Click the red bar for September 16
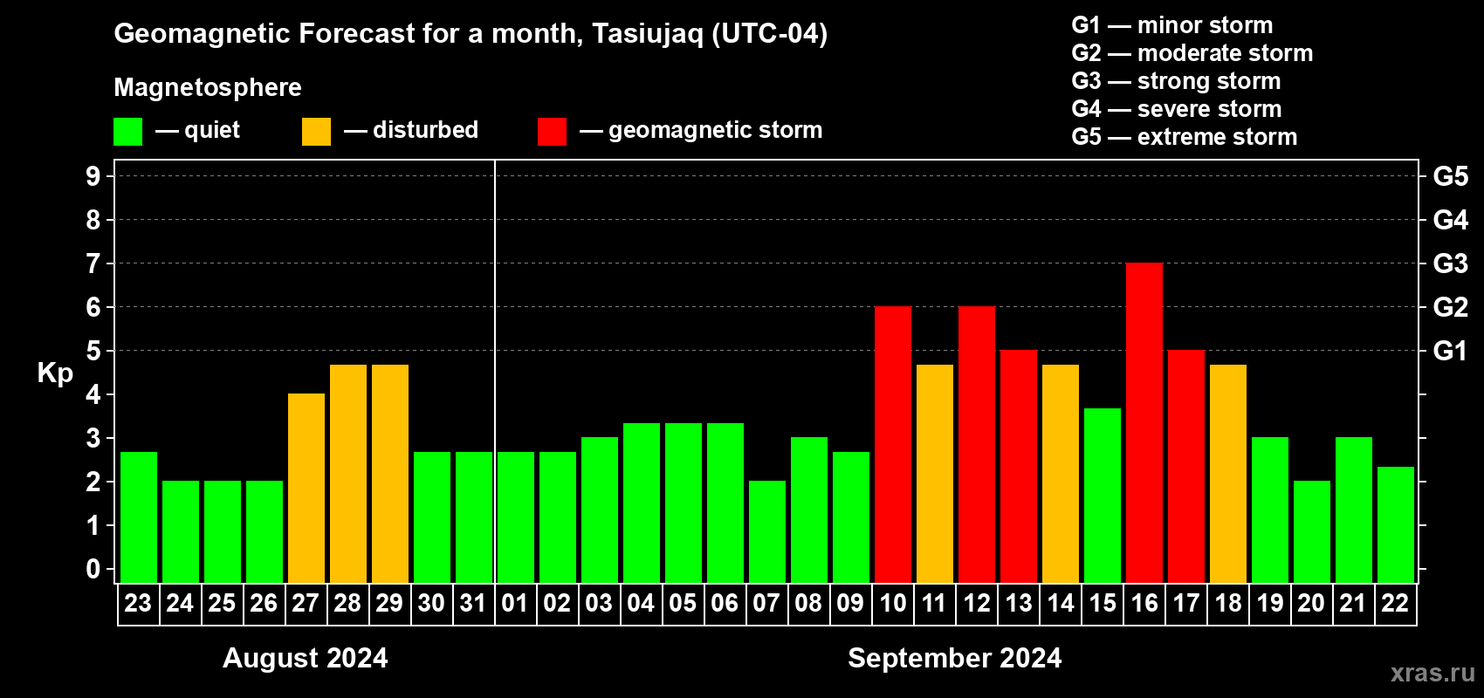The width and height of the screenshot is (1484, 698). [x=1144, y=422]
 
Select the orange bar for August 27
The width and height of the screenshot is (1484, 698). [x=306, y=488]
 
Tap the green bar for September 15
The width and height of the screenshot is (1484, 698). [x=1103, y=496]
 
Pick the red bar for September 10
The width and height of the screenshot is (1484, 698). [x=893, y=444]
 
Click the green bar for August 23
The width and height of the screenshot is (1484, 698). [x=139, y=517]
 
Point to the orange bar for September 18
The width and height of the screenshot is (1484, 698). [x=1228, y=474]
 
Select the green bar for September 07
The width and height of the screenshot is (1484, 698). [x=767, y=531]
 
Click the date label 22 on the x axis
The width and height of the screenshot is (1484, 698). [x=1395, y=603]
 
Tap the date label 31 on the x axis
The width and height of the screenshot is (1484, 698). [x=473, y=603]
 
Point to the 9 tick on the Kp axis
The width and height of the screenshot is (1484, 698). [x=93, y=176]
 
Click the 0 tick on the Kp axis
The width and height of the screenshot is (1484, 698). [x=93, y=569]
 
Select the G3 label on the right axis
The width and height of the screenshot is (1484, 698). [x=1451, y=263]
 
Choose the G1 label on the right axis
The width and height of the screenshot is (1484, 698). [x=1451, y=351]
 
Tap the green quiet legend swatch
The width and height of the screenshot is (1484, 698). [x=127, y=131]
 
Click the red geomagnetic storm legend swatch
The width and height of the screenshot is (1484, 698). [x=553, y=131]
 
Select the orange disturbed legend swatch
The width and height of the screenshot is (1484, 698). [x=316, y=131]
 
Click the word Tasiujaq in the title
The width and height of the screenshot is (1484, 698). [x=647, y=34]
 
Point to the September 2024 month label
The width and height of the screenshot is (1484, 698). [x=955, y=658]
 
